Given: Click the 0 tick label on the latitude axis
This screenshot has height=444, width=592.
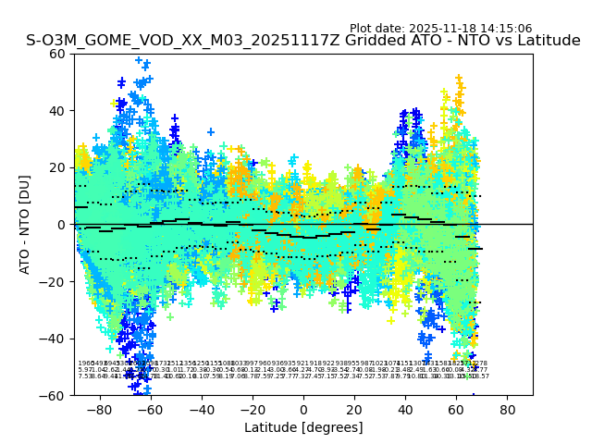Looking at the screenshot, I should pyautogui.click(x=303, y=409).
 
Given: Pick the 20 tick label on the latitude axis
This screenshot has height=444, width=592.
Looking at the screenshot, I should pyautogui.click(x=354, y=409).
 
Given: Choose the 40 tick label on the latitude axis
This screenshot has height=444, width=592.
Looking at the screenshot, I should pyautogui.click(x=405, y=409).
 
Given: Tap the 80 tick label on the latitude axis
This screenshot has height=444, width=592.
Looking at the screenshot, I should pyautogui.click(x=508, y=409).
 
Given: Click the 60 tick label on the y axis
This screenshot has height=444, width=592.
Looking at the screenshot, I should pyautogui.click(x=57, y=54).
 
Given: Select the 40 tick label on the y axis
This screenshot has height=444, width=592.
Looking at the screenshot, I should pyautogui.click(x=57, y=111).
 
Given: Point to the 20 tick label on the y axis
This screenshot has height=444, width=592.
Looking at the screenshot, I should pyautogui.click(x=57, y=167).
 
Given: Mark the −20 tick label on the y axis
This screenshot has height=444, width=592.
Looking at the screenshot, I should pyautogui.click(x=54, y=281).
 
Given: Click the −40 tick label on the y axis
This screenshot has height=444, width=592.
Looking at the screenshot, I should pyautogui.click(x=54, y=339).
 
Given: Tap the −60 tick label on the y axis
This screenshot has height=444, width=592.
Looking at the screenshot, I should pyautogui.click(x=54, y=395).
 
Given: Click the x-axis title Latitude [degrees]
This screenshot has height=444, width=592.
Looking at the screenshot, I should pyautogui.click(x=303, y=427).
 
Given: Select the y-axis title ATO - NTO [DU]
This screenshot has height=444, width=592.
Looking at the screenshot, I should pyautogui.click(x=26, y=224).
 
